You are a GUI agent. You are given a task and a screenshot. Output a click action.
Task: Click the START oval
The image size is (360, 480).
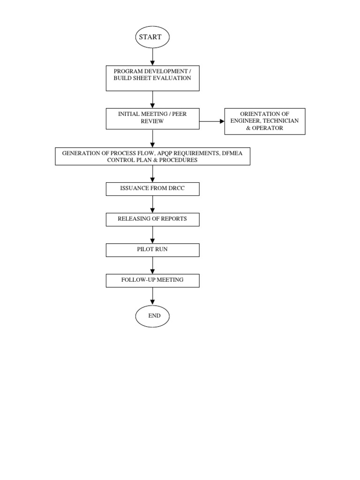(x=152, y=37)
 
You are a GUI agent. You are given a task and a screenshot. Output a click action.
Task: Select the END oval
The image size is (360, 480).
(x=152, y=316)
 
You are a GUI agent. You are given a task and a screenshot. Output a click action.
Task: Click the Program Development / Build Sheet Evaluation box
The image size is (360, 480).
(x=152, y=78)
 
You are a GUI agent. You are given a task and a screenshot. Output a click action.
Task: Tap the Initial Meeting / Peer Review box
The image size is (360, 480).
(x=152, y=119)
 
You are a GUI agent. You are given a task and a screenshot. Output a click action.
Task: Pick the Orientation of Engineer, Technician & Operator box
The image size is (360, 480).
(x=265, y=121)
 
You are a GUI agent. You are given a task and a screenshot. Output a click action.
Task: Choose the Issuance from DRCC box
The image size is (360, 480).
(x=152, y=189)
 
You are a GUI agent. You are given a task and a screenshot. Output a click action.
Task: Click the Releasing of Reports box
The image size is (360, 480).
(x=152, y=219)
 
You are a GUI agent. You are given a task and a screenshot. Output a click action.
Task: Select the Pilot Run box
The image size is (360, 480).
(x=152, y=250)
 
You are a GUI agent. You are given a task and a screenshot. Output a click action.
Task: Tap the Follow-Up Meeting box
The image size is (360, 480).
(x=152, y=280)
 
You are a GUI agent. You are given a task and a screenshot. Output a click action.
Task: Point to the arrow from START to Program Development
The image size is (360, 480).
(x=152, y=57)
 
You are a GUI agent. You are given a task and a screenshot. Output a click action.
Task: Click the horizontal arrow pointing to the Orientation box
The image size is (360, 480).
(x=212, y=121)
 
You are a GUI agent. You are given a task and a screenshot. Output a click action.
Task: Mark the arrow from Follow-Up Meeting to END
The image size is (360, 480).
(x=152, y=296)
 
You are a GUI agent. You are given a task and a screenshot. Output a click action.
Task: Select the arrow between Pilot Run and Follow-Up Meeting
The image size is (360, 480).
(x=152, y=265)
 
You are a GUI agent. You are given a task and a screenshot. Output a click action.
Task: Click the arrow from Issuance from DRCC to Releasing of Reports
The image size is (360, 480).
(x=152, y=204)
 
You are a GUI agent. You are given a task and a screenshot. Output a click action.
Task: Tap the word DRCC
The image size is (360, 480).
(x=174, y=189)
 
